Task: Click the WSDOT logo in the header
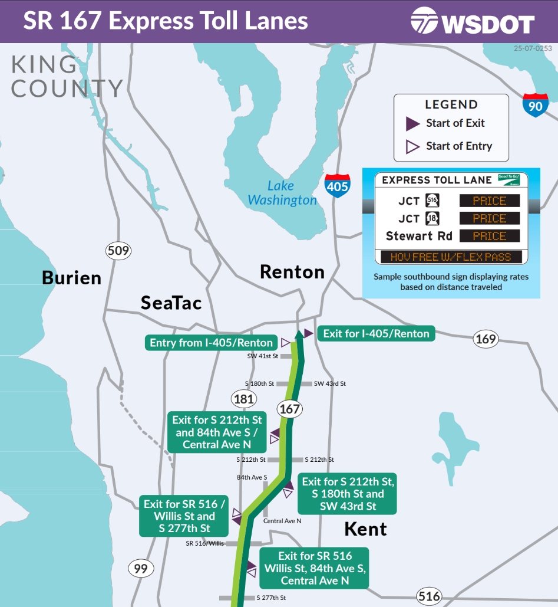pos(473,22)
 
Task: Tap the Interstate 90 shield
pos(535,104)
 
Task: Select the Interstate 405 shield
pos(337,185)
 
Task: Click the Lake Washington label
pos(282,193)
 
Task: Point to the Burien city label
pos(71,278)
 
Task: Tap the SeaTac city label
pos(171,303)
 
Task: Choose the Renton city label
pos(292,272)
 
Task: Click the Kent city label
pos(365,529)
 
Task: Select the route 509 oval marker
pos(118,251)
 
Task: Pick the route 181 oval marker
pos(243,399)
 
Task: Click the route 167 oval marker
pos(289,409)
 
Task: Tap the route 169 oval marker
pos(486,339)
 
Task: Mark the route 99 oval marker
pos(140,569)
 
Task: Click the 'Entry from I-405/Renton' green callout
pos(211,343)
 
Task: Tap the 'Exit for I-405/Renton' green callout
pos(376,333)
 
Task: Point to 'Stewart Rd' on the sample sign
pos(419,236)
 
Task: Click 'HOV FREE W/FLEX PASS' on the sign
pos(451,257)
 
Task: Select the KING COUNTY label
pos(66,77)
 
